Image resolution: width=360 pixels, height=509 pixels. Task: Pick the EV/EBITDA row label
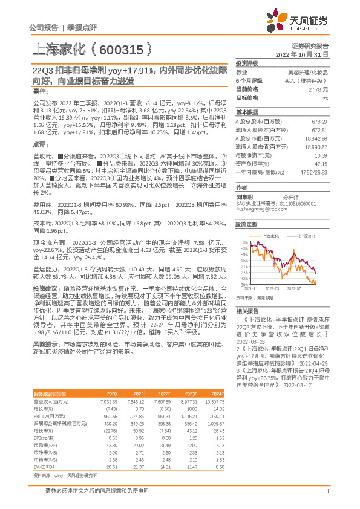pyautogui.click(x=44, y=450)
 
